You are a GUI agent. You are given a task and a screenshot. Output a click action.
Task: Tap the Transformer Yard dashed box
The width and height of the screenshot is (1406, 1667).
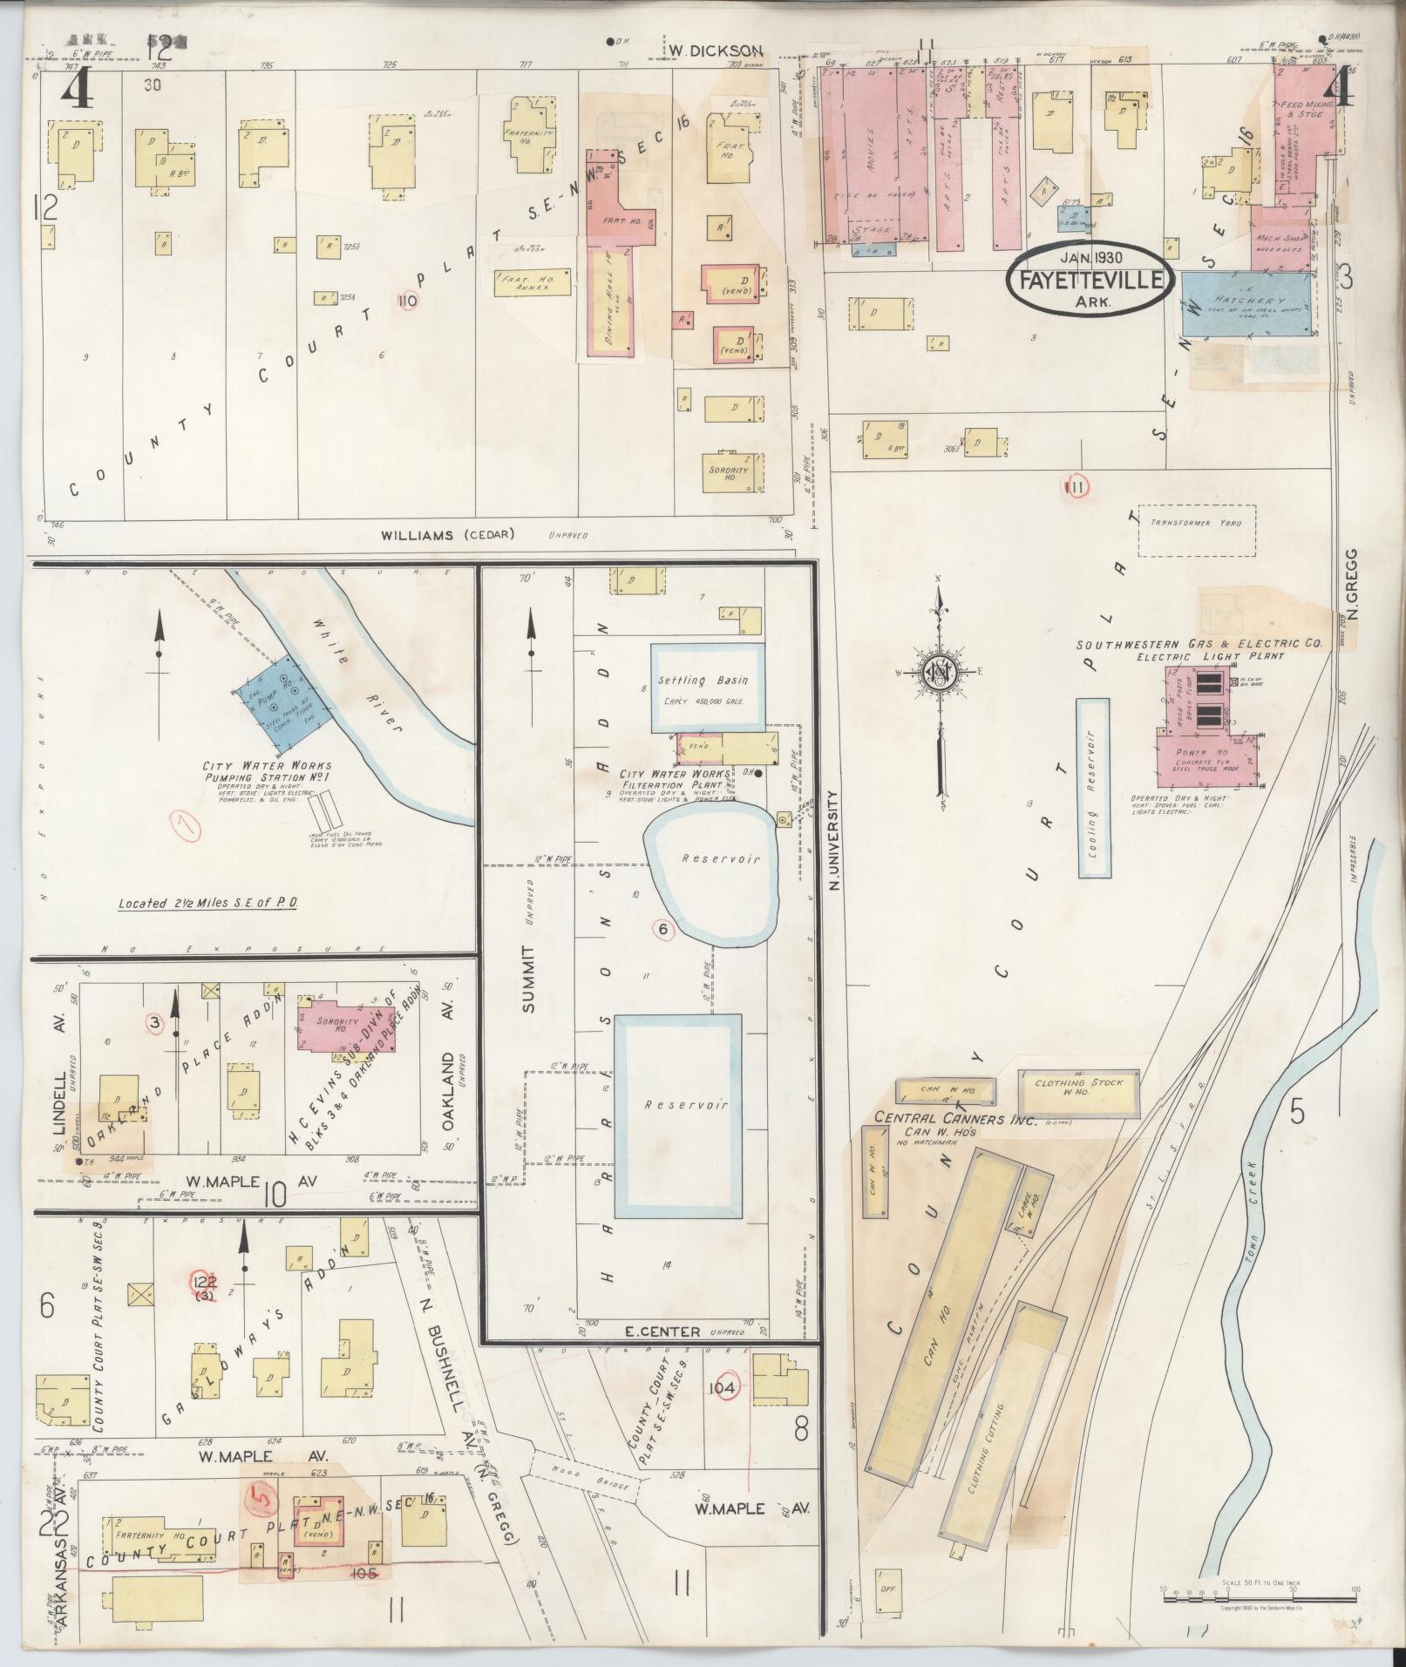point(1197,531)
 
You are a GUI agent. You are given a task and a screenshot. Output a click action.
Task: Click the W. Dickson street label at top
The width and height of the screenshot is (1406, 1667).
point(716,51)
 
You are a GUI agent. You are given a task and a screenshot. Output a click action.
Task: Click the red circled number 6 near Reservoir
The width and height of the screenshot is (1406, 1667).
point(662,929)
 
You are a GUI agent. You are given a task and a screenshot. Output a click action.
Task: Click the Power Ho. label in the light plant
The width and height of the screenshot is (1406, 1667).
point(1191,752)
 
